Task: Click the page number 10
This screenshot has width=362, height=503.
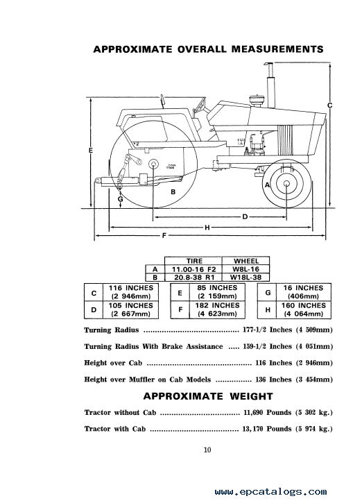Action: click(x=207, y=450)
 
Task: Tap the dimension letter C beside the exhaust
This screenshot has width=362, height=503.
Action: click(x=330, y=105)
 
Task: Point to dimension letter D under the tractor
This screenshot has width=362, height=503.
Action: click(x=245, y=217)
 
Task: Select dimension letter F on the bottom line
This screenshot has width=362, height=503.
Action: click(x=164, y=236)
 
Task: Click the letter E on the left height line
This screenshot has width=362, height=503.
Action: click(x=91, y=150)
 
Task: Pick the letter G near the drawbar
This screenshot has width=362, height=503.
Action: click(x=120, y=199)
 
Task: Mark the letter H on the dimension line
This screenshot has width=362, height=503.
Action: click(x=207, y=228)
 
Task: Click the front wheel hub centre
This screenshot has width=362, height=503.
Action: click(x=286, y=184)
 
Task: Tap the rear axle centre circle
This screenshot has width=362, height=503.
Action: click(x=153, y=164)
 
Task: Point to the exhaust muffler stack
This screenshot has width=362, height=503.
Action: click(x=271, y=85)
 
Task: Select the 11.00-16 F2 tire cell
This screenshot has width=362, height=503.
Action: click(x=193, y=269)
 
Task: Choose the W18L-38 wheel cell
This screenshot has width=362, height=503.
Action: click(x=245, y=277)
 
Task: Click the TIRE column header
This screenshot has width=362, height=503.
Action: click(x=194, y=261)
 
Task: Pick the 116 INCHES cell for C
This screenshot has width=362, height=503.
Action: click(x=131, y=292)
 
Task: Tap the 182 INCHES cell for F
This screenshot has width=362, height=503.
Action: click(x=217, y=309)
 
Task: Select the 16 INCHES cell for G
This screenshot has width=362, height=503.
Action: click(x=303, y=292)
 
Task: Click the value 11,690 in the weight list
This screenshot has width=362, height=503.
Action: click(x=253, y=413)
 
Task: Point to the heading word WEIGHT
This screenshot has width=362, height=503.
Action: click(x=251, y=396)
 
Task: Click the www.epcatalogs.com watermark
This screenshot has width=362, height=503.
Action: click(x=271, y=492)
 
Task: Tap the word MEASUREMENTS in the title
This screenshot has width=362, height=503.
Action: click(x=277, y=49)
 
